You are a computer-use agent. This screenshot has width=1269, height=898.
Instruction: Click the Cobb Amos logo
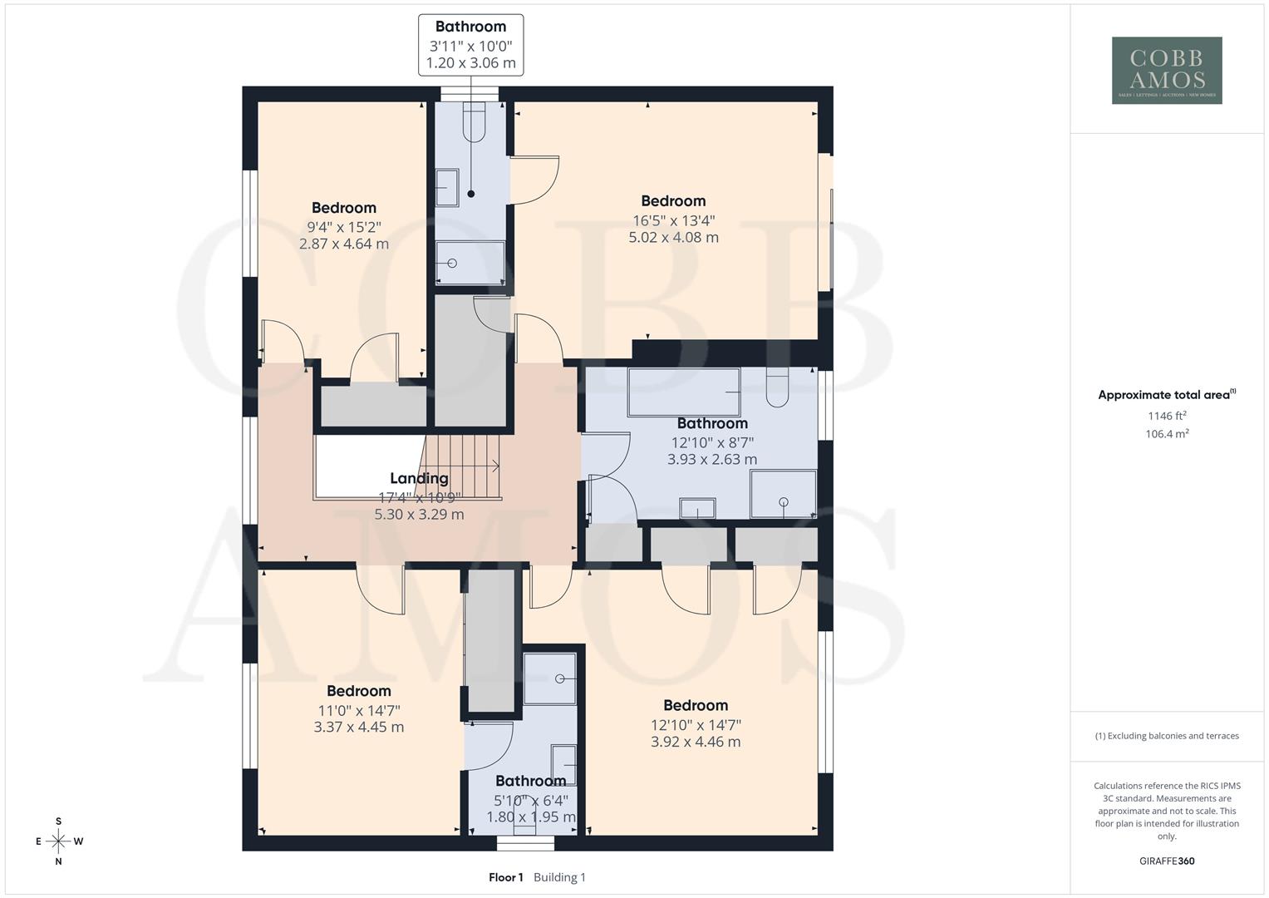point(1166,70)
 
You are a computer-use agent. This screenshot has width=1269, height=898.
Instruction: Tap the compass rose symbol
point(58,841)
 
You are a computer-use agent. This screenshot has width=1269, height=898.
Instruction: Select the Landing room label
point(419,478)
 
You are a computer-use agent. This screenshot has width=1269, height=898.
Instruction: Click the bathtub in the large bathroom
point(683,392)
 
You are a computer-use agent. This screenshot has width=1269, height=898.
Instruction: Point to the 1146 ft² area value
point(1166,416)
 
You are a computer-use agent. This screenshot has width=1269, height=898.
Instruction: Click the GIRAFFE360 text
point(1166,861)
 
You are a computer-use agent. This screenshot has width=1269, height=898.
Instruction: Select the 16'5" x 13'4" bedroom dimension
point(673,220)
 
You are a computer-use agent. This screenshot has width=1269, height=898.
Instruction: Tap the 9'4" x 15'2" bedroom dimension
point(343,226)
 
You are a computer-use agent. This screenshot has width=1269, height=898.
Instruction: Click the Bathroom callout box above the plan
point(470,45)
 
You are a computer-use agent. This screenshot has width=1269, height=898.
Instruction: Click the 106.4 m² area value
point(1166,434)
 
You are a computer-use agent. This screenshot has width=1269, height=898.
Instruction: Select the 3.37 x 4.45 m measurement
point(358,728)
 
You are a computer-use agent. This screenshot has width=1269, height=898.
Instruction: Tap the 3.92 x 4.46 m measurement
point(696,742)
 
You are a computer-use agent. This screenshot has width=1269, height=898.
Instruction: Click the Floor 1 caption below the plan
point(505,877)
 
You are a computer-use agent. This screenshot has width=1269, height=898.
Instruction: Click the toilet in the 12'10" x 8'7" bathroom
point(777,388)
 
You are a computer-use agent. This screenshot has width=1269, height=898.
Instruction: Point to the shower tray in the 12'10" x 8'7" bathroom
point(783,494)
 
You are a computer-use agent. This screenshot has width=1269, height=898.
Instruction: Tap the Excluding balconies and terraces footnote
point(1166,736)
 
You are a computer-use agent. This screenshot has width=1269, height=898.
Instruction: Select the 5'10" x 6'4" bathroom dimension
point(530,800)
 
